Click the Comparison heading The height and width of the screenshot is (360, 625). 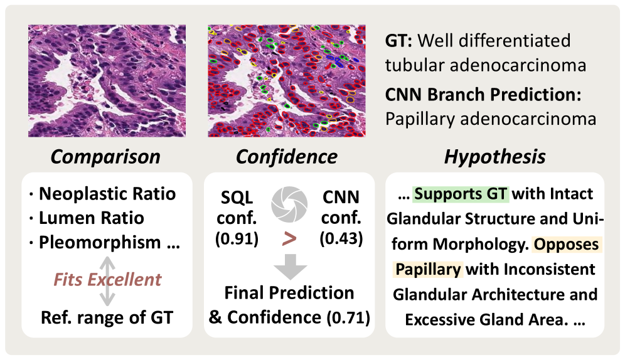105,157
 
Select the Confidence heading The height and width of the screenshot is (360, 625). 287,157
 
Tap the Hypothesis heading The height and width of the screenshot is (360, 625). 494,157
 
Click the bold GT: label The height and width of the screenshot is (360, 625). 398,41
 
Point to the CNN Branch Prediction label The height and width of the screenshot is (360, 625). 483,95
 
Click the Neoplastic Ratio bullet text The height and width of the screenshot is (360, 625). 107,194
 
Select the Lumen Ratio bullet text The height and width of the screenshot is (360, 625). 91,218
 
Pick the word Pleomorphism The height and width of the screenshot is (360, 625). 100,243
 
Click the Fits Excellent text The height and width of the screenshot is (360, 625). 108,280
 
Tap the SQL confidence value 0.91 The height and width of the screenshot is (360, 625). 237,239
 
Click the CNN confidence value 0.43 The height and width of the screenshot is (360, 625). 341,238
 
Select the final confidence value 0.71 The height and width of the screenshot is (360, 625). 348,318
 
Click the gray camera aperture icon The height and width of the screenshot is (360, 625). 289,204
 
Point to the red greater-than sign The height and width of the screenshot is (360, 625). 289,239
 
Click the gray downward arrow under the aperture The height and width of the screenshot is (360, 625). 290,267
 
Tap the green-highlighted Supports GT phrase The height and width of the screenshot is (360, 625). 461,194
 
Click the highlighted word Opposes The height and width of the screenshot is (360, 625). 567,244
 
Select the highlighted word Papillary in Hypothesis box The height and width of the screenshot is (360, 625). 428,269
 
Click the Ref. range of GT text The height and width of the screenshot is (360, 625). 107,318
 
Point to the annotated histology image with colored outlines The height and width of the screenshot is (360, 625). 287,81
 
